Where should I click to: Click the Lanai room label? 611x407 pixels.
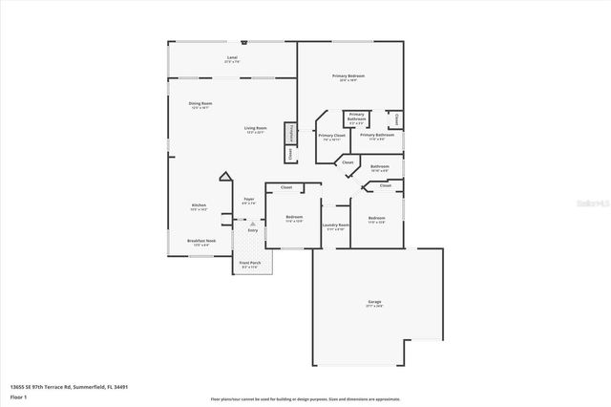231,58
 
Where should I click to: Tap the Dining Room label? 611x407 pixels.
200,104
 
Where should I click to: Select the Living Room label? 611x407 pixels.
255,129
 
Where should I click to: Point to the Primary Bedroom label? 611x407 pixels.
348,76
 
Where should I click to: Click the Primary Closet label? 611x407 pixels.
332,137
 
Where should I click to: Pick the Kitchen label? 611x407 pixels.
199,205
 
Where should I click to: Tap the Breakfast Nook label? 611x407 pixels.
200,242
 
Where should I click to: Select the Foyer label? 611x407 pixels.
248,201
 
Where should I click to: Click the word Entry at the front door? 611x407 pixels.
253,230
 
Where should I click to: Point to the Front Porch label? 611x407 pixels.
249,265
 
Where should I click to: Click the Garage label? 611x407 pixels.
374,303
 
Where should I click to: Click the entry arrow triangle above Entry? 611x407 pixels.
253,223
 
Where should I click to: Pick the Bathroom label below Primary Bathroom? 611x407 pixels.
379,168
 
